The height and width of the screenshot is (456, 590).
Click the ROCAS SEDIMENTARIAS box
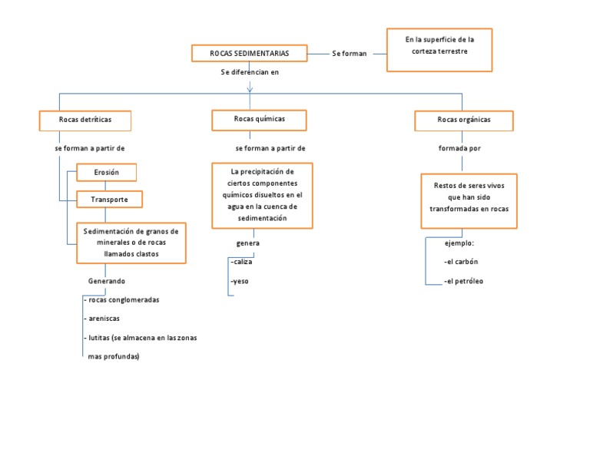(x=250, y=53)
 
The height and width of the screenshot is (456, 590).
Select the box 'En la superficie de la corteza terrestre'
(x=439, y=50)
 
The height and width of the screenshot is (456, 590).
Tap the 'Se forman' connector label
(x=349, y=54)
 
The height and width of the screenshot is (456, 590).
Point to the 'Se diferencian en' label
(x=250, y=72)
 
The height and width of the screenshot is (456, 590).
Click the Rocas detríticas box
(x=85, y=121)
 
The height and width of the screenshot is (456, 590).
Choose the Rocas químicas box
(x=259, y=120)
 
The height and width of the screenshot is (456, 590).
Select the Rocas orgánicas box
(x=464, y=121)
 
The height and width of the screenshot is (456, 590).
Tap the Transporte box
(x=110, y=200)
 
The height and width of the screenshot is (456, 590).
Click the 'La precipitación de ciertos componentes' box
(x=262, y=195)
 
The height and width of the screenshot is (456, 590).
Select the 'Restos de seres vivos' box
(x=469, y=200)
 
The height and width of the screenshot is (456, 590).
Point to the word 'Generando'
(x=107, y=282)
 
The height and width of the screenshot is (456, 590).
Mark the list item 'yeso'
(x=240, y=282)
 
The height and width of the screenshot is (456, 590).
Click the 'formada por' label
(x=459, y=148)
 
